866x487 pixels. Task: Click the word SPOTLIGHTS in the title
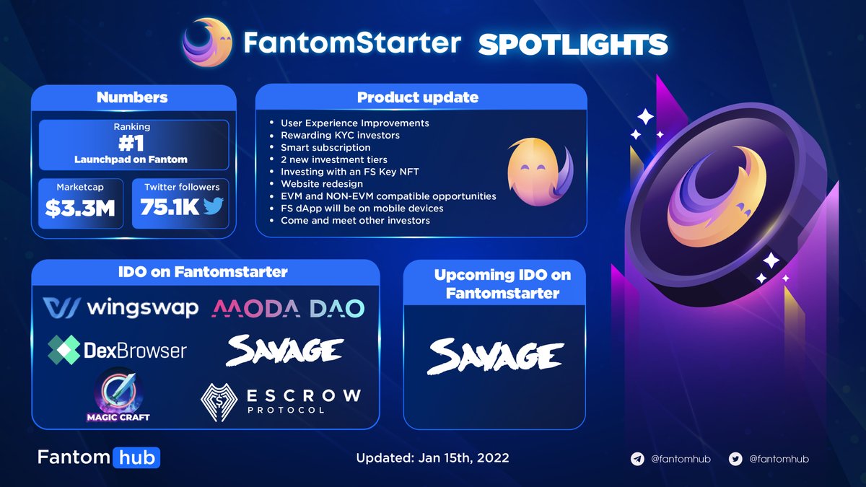(572, 45)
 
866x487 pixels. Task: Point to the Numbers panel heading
(133, 97)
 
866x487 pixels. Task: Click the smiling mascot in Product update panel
(536, 171)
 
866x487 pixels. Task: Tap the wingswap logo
(121, 308)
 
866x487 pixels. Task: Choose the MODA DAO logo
(288, 309)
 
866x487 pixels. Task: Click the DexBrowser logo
(117, 351)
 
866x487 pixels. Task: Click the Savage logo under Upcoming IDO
(494, 356)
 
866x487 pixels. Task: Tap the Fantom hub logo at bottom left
(99, 457)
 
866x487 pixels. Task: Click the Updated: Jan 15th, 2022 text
(432, 458)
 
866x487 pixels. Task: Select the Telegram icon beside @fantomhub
(637, 459)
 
